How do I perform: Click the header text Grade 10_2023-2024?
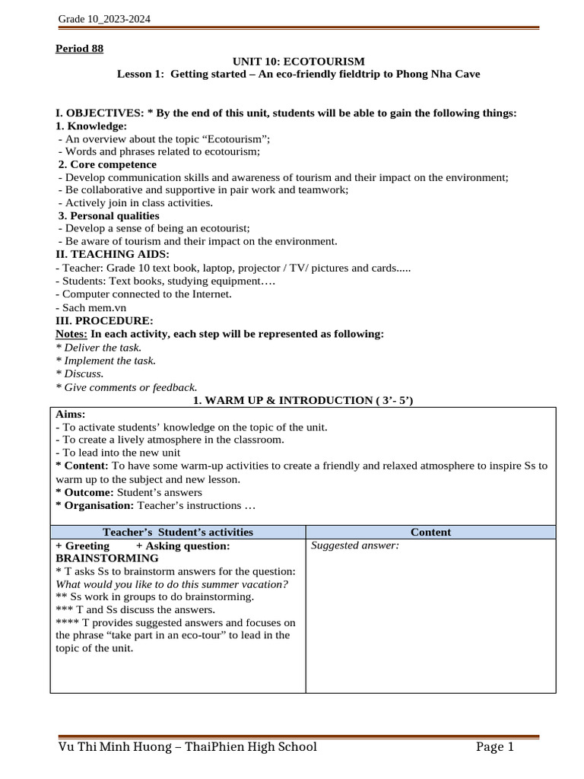(x=103, y=20)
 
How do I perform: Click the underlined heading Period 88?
(x=79, y=49)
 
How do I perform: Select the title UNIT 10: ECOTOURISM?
(x=298, y=61)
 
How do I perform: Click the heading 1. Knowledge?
(x=91, y=126)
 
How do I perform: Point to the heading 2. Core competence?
(x=108, y=164)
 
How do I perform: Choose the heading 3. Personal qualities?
(x=109, y=216)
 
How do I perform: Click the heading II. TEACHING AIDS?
(x=113, y=254)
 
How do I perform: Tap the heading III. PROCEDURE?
(x=104, y=320)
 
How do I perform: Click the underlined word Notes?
(x=72, y=334)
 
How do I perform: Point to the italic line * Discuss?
(x=80, y=374)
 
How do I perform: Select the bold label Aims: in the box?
(x=71, y=414)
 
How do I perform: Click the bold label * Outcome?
(x=83, y=492)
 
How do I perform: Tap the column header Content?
(x=430, y=532)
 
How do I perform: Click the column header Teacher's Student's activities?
(x=178, y=532)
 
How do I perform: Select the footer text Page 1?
(x=496, y=747)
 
